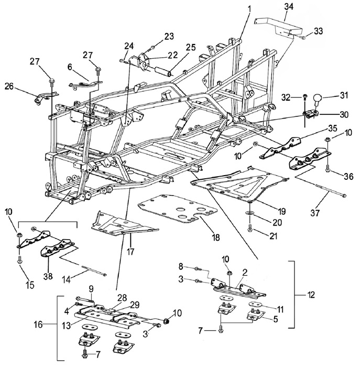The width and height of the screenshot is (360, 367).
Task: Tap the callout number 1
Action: coord(249,8)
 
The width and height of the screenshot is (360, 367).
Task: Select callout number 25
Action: coord(191,48)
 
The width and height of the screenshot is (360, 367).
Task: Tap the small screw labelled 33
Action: coord(303,37)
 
